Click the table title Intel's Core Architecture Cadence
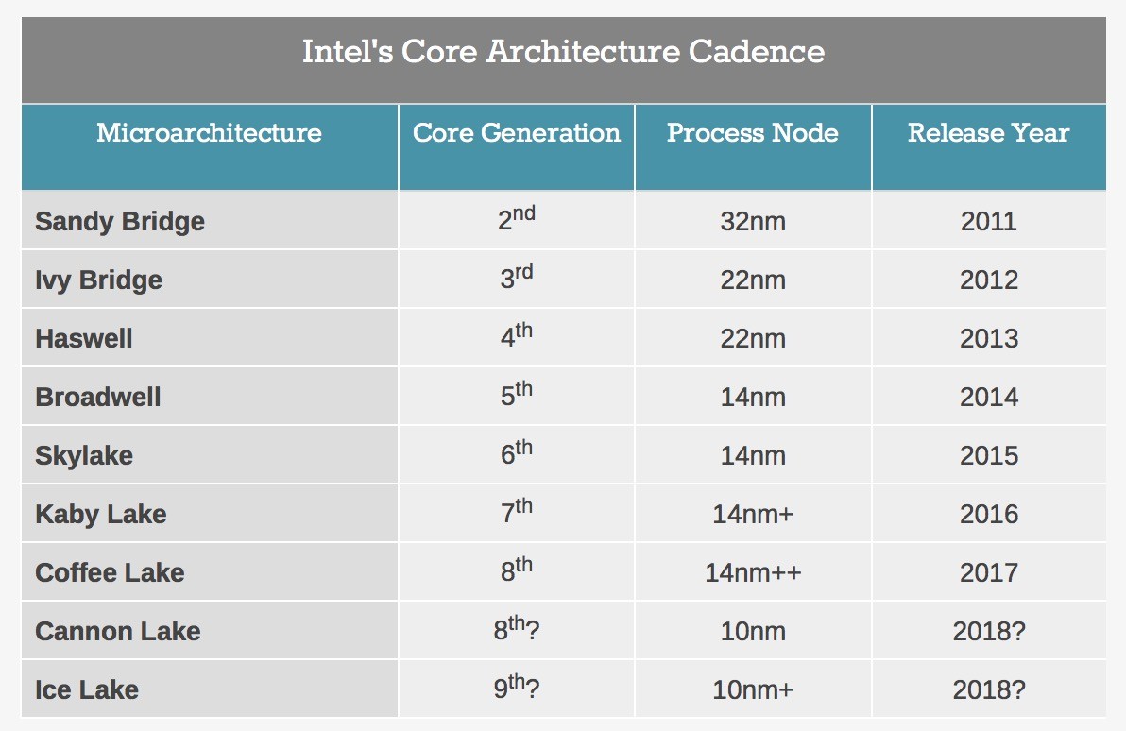pos(563,52)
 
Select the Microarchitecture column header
pos(209,133)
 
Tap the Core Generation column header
pos(517,133)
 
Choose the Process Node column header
pos(753,133)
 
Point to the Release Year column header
pos(989,133)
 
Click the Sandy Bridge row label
pos(120,221)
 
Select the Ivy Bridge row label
pos(98,280)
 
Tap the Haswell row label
pos(84,338)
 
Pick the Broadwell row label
pos(98,397)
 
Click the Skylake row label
pos(84,456)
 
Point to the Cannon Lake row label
pos(118,631)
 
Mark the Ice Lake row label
pos(87,690)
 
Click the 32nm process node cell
pos(753,221)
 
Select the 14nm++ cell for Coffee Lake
pos(753,573)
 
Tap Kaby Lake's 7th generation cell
pos(517,511)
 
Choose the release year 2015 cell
pos(989,456)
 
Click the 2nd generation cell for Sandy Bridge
pos(517,217)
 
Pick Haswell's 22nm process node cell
pos(753,338)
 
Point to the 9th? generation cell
pos(517,688)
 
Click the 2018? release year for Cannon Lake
pos(989,631)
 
